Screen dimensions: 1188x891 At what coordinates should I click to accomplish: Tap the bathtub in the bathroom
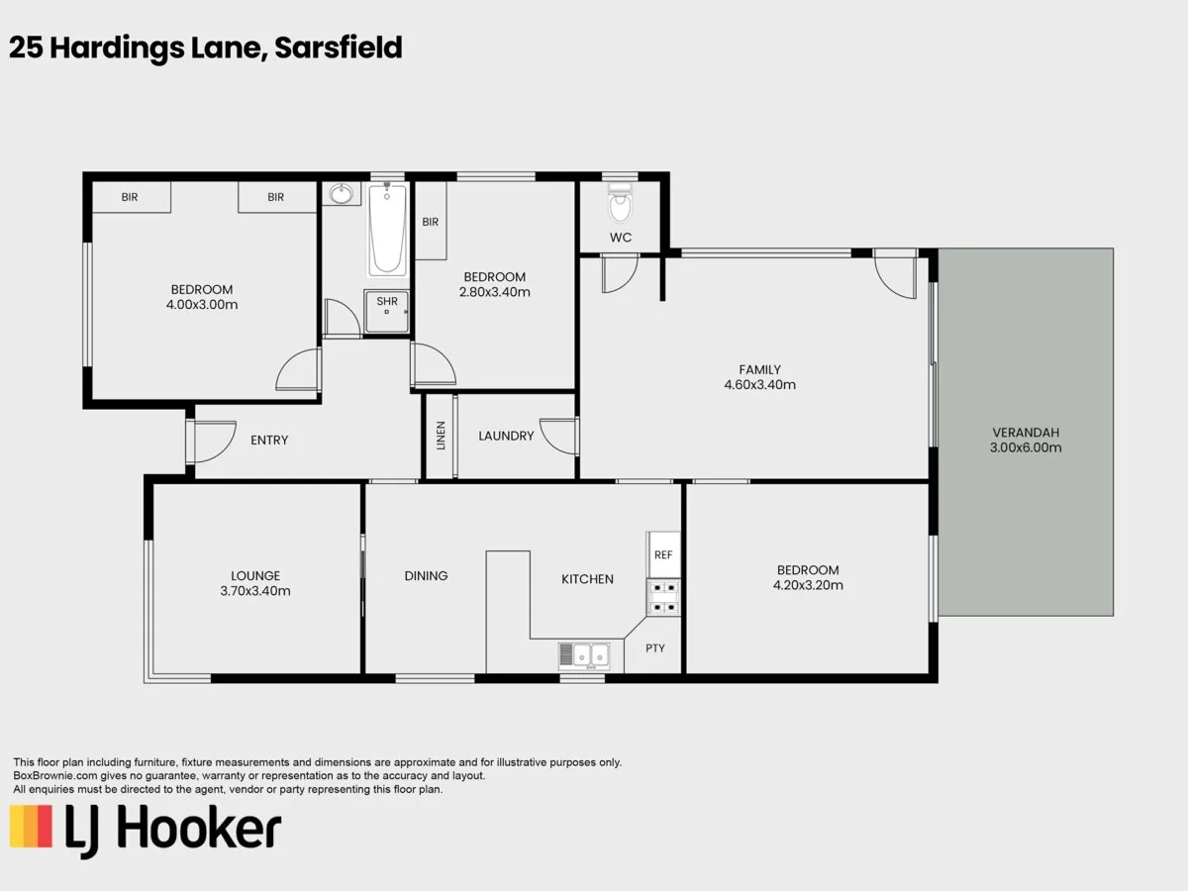tap(387, 230)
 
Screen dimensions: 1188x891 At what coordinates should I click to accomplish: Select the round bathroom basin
tap(341, 194)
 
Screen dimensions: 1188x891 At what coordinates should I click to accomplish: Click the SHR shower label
tap(387, 301)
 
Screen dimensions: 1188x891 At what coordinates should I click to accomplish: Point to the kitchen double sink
tap(584, 655)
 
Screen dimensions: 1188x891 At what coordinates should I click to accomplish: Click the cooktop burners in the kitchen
tap(663, 598)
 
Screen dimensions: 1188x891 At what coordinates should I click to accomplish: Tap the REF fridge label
tap(663, 555)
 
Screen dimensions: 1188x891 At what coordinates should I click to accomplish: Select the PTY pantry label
tap(655, 648)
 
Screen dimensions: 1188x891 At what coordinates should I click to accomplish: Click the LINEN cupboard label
tap(441, 436)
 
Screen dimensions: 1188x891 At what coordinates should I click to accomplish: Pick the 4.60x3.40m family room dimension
tap(760, 385)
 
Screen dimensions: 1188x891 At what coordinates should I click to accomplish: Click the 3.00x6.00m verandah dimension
tap(1026, 447)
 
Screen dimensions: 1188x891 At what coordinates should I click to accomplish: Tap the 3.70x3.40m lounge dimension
tap(254, 591)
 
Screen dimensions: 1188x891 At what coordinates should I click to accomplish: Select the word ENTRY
tap(269, 441)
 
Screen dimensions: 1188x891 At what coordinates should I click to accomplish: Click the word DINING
tap(426, 576)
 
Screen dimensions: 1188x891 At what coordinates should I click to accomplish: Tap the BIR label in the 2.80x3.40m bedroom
tap(431, 222)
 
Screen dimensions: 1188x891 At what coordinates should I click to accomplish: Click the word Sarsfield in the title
tap(339, 48)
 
